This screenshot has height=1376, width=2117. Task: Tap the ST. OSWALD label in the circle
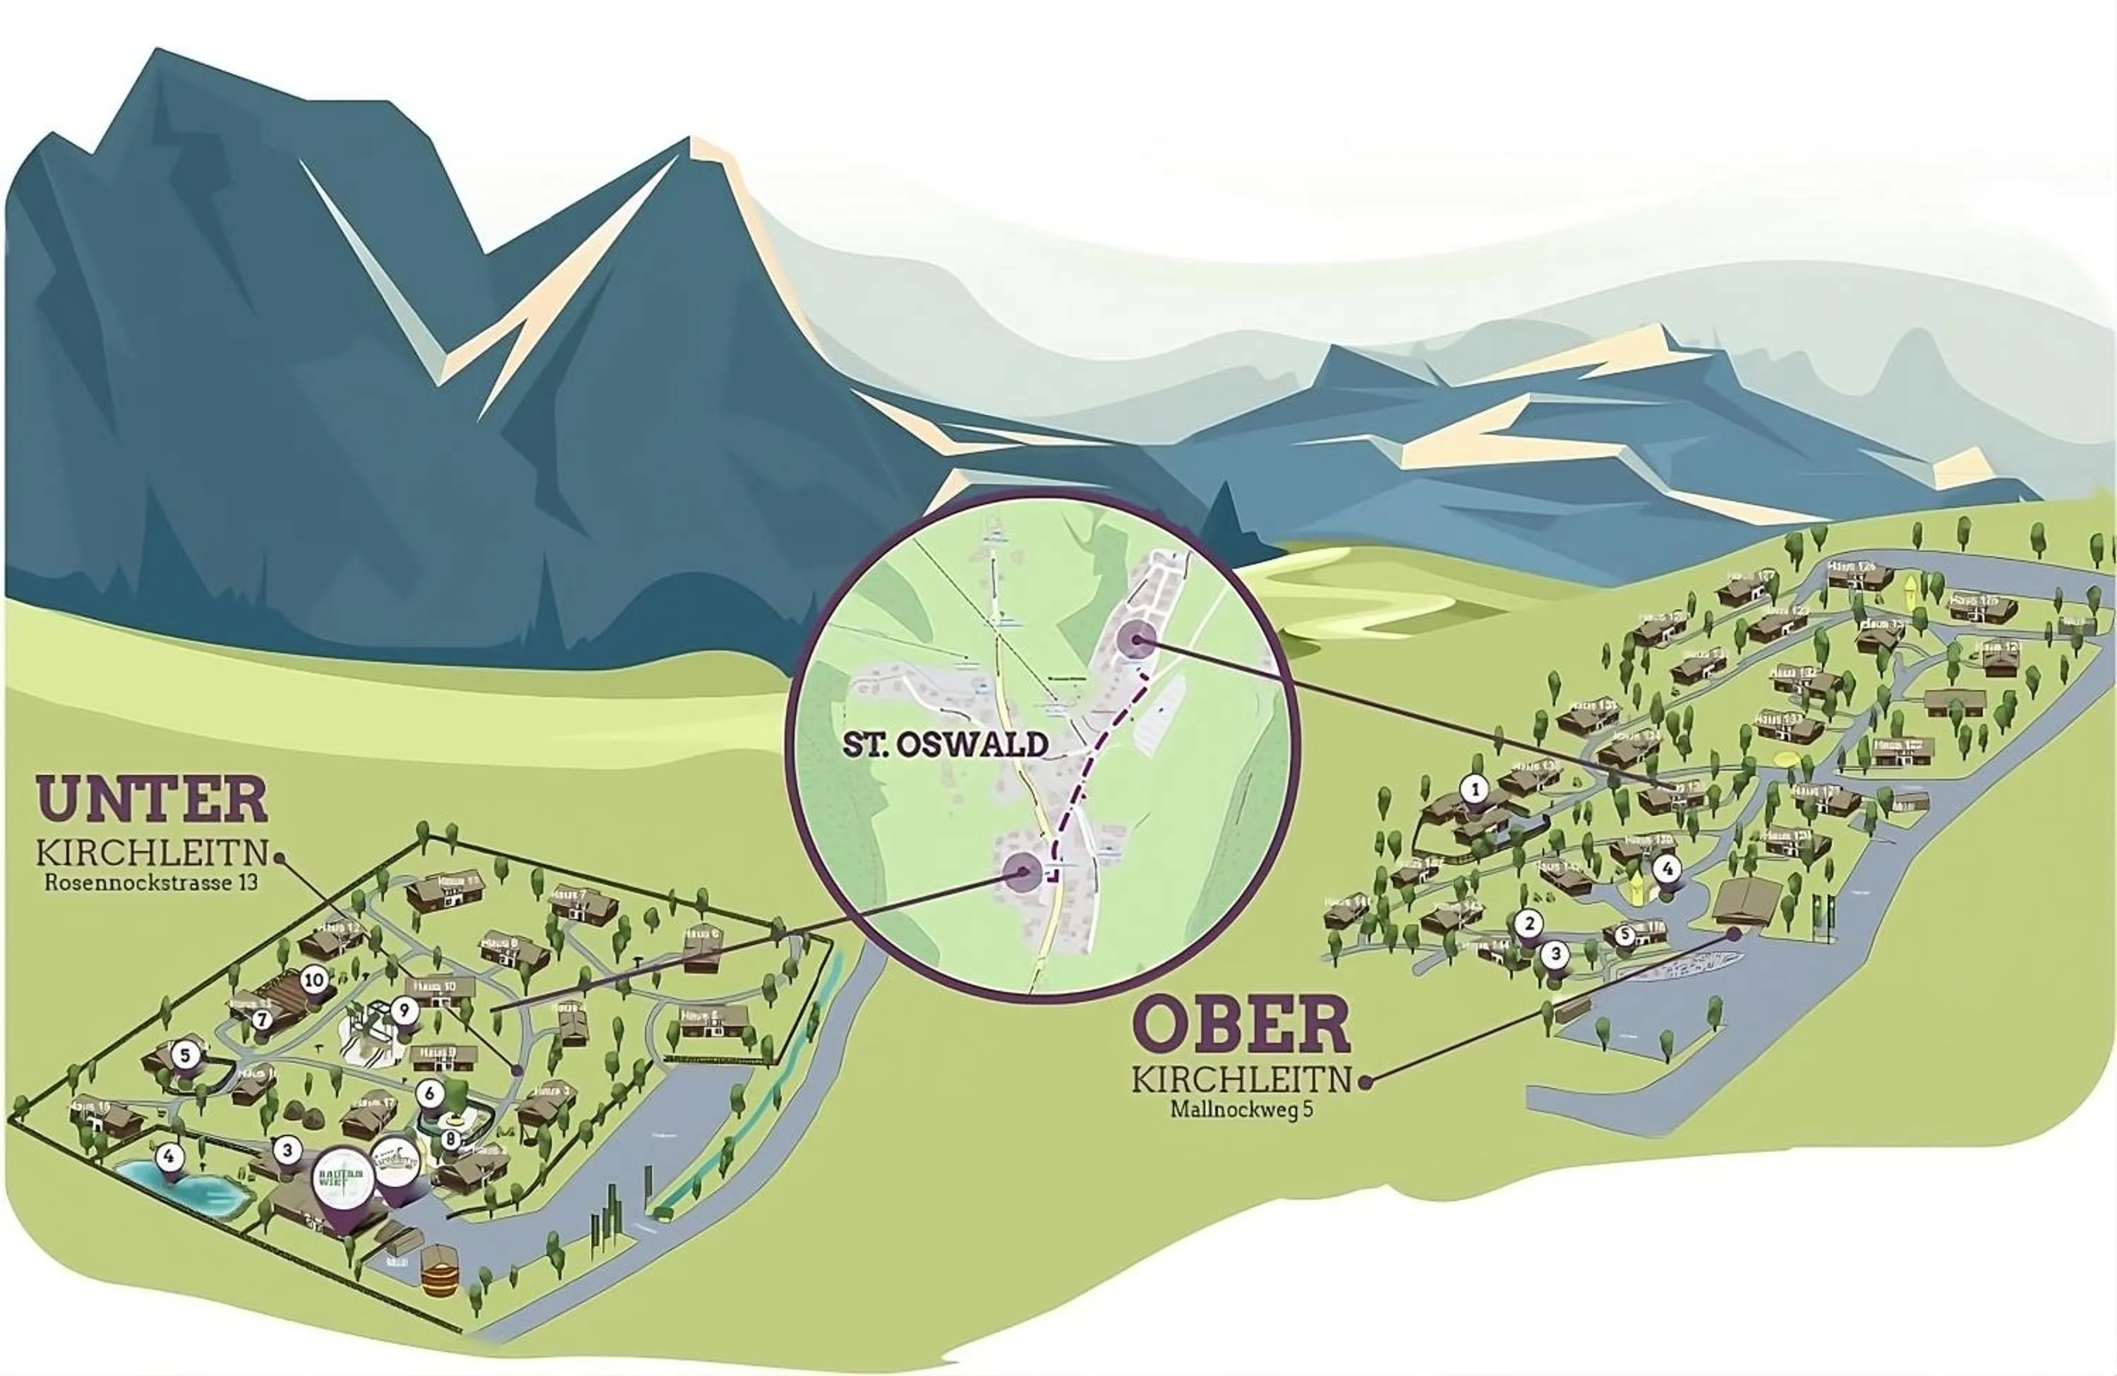[946, 744]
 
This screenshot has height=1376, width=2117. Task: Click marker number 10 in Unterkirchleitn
[313, 980]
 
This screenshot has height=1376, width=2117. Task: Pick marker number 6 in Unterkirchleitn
[430, 1093]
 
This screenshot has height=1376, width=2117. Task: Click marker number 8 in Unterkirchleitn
[451, 1137]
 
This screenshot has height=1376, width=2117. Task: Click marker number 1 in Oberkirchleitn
[1475, 789]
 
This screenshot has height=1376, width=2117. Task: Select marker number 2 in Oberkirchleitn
[1529, 923]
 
